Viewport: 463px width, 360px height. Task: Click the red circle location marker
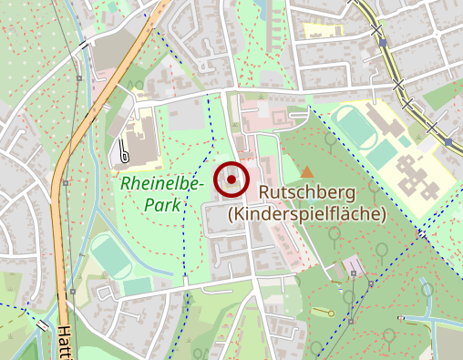tap(231, 180)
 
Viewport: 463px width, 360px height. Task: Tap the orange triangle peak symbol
tap(307, 171)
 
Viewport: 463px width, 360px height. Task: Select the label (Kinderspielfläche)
tap(307, 214)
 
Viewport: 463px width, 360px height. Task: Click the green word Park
tap(162, 206)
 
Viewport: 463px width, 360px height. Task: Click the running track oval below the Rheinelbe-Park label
tap(111, 257)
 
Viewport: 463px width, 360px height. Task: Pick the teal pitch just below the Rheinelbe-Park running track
tap(138, 287)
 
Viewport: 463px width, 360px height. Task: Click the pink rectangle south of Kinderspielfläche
tap(352, 267)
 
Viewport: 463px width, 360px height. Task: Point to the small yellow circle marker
tap(331, 314)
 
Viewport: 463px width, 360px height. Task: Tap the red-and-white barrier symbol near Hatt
tap(43, 325)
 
